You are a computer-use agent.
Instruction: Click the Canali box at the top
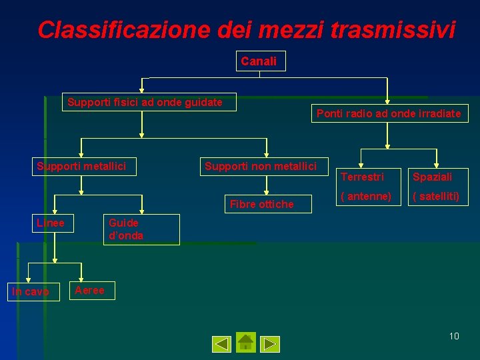click(x=259, y=61)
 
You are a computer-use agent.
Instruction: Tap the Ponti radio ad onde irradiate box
click(x=389, y=114)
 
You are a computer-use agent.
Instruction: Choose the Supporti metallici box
click(x=85, y=166)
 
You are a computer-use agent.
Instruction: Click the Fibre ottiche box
click(x=261, y=204)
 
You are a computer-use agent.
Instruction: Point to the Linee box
click(x=52, y=223)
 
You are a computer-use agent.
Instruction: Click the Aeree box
click(x=92, y=290)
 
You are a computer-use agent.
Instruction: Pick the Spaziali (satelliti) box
click(x=435, y=186)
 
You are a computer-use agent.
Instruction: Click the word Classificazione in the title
click(x=124, y=30)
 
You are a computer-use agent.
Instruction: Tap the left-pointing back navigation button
click(x=221, y=344)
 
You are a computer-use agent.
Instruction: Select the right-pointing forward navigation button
click(x=270, y=344)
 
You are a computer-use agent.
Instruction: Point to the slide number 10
click(x=453, y=336)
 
